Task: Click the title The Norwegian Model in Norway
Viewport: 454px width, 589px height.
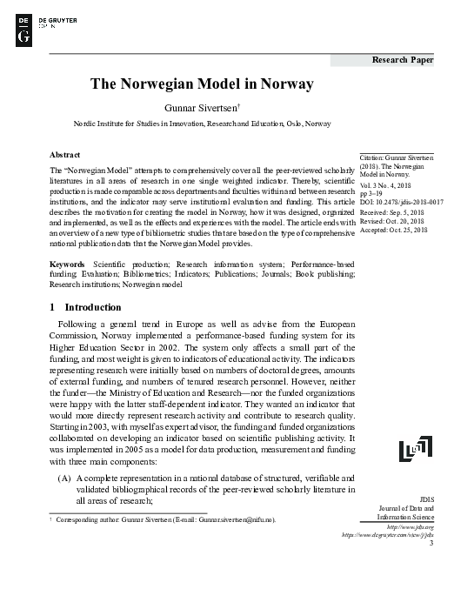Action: tap(202, 85)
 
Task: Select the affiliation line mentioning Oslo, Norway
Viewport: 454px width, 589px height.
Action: tap(202, 124)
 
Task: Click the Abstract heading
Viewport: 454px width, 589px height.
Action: tap(65, 152)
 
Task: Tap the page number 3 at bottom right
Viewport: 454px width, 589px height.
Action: tap(431, 545)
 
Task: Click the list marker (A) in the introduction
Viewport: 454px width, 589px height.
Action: tap(64, 479)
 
